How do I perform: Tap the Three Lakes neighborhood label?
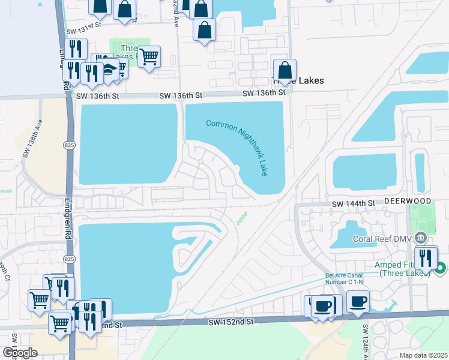click(298, 80)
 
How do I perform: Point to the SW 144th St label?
click(354, 205)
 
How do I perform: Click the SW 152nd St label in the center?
click(232, 322)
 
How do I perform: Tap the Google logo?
click(20, 353)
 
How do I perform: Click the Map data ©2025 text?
click(423, 355)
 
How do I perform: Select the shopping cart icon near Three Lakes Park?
click(149, 57)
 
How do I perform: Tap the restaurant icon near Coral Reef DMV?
click(426, 258)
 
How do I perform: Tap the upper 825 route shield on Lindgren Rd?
click(70, 145)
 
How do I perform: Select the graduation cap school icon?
click(108, 70)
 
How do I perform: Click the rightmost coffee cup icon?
click(358, 301)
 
